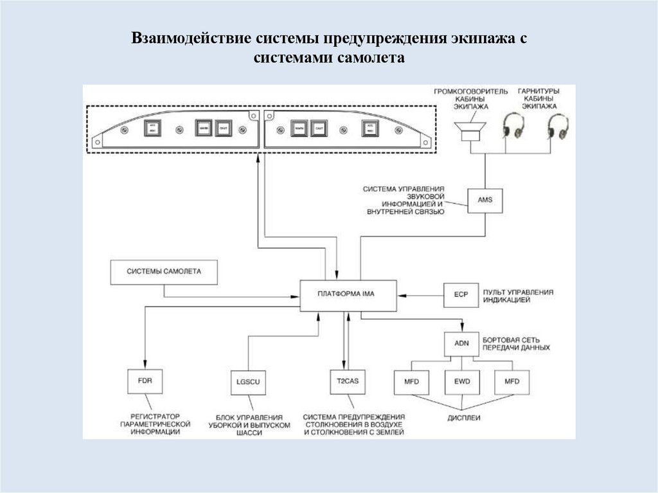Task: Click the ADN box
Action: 461,343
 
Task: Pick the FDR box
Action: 145,381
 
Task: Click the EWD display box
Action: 461,382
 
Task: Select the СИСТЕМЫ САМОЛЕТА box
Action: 164,272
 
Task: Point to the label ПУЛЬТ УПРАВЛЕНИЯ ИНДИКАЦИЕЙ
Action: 520,296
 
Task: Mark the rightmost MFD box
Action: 511,382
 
